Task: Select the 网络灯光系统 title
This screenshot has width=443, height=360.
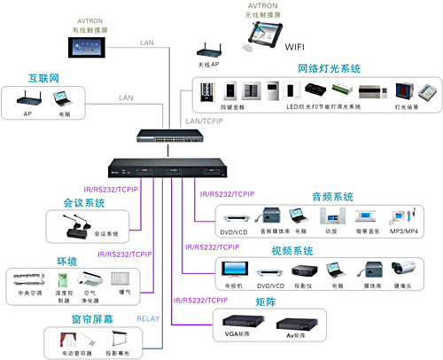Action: [x=328, y=68]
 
